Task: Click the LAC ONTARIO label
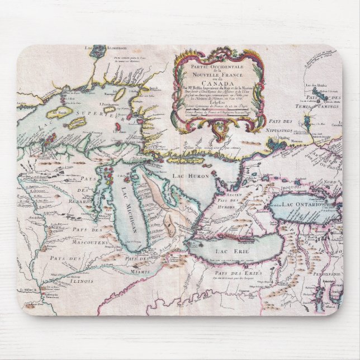tap(301, 206)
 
